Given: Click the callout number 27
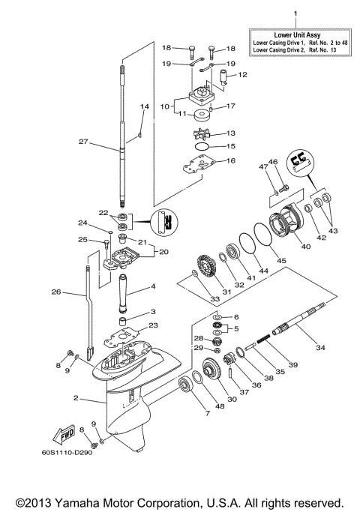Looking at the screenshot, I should pyautogui.click(x=105, y=140).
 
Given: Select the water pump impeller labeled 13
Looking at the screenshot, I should pyautogui.click(x=198, y=133).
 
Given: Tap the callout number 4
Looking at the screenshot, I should pyautogui.click(x=154, y=286).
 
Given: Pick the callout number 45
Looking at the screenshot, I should pyautogui.click(x=282, y=261).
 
